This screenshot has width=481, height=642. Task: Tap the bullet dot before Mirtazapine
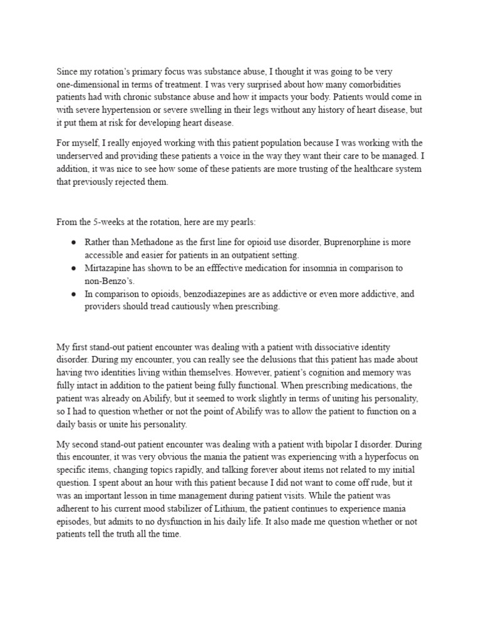click(x=74, y=268)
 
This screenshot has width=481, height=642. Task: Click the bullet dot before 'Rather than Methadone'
click(x=74, y=241)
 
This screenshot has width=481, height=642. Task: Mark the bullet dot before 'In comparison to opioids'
click(x=74, y=293)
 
